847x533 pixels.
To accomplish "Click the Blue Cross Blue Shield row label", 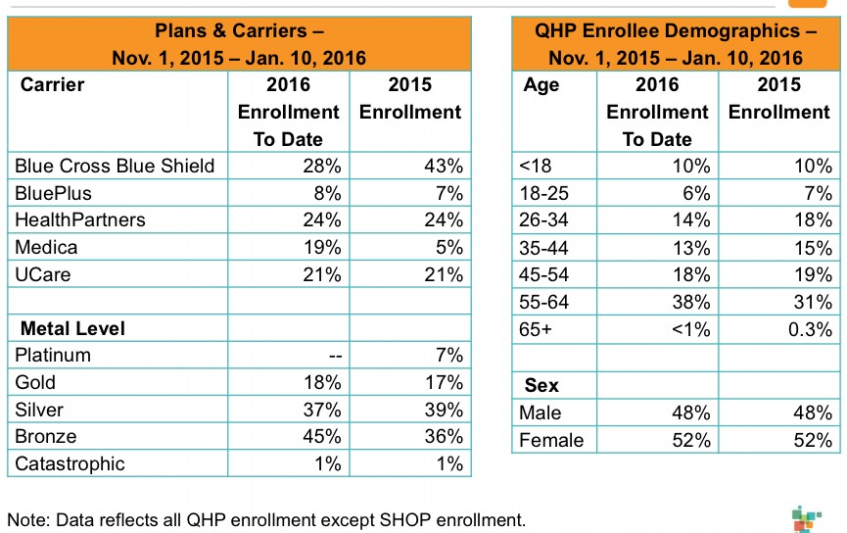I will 115,166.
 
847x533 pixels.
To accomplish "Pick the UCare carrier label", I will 43,274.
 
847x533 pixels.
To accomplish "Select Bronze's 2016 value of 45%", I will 322,436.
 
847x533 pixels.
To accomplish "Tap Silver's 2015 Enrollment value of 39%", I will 443,410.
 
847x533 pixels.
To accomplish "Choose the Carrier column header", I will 53,84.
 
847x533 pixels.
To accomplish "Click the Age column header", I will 541,84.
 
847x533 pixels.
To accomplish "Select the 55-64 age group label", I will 545,302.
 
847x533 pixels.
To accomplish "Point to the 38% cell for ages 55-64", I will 690,302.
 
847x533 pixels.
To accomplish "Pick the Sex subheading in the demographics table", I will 541,386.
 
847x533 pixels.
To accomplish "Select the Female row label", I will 550,440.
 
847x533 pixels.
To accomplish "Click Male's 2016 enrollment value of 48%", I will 690,413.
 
